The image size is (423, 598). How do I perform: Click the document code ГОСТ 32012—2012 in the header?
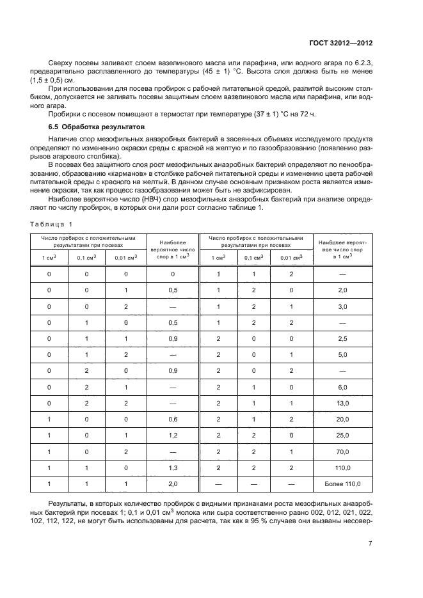coord(339,43)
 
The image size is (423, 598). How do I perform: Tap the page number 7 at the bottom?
coord(371,544)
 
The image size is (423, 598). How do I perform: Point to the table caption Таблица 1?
coord(52,223)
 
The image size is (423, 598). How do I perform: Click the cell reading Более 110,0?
coord(343,484)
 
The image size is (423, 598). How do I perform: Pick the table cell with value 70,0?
coord(343,451)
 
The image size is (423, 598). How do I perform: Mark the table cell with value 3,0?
coord(343,306)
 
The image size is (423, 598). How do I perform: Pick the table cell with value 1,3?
coord(172,468)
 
